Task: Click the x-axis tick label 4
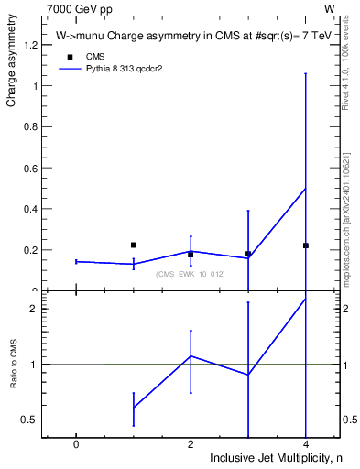click(305, 443)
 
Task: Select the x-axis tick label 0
click(76, 443)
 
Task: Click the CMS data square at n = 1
click(134, 245)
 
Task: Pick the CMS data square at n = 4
click(305, 245)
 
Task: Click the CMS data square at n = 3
click(248, 254)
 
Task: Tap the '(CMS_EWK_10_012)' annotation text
click(190, 274)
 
